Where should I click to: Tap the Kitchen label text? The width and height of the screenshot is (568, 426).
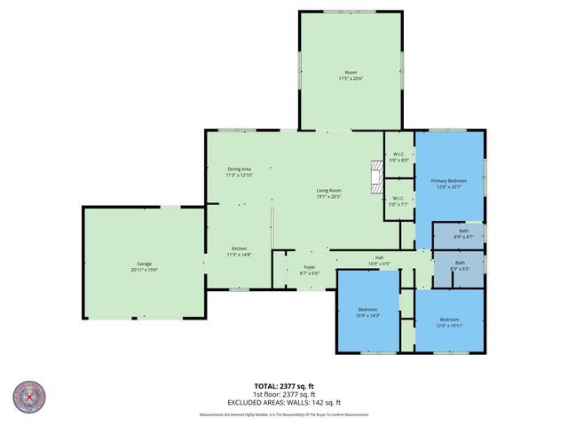240,251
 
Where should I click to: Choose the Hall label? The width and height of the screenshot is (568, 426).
378,261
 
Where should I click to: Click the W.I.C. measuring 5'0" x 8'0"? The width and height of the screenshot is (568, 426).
398,157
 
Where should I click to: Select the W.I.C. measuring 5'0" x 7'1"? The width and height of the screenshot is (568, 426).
398,201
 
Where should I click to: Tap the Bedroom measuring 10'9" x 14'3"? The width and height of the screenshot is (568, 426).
367,312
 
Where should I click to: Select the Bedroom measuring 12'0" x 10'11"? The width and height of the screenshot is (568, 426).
450,322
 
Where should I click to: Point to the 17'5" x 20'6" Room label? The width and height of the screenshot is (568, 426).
351,75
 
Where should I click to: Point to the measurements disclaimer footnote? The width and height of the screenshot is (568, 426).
283,414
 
